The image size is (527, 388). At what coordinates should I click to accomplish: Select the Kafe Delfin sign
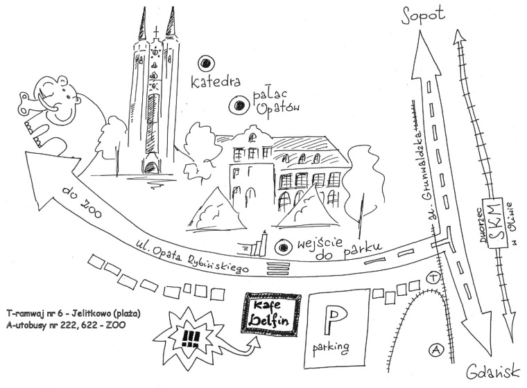271,315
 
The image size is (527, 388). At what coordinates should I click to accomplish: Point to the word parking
331,346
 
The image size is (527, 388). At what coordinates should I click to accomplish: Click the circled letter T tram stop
434,277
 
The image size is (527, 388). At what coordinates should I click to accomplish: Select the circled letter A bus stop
435,351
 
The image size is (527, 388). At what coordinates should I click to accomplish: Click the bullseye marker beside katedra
205,64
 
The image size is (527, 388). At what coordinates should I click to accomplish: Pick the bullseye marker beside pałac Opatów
238,105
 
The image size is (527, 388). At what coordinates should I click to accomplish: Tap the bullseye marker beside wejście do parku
282,246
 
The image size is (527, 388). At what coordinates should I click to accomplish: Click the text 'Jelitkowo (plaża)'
104,313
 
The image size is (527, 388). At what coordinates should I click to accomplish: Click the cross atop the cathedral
156,32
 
